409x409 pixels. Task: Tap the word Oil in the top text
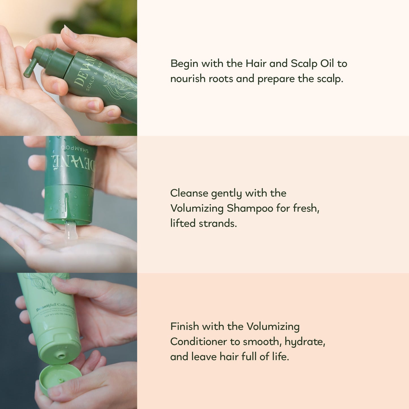click(x=327, y=63)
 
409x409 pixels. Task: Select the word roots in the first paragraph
click(x=220, y=79)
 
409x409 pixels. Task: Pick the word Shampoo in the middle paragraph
click(x=250, y=209)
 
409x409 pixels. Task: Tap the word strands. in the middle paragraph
click(x=218, y=223)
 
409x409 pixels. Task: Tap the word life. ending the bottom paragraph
click(x=280, y=357)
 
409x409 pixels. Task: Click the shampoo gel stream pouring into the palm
click(x=70, y=231)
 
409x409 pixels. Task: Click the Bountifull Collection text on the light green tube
click(x=55, y=307)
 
